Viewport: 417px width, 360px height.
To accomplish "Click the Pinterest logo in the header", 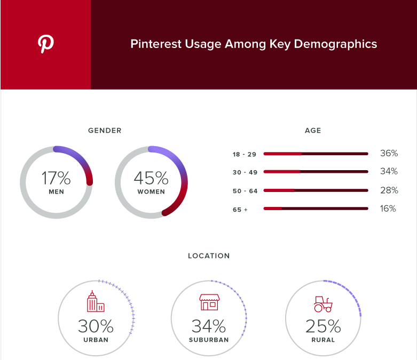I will tap(46, 44).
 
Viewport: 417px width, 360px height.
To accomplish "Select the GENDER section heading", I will tap(105, 130).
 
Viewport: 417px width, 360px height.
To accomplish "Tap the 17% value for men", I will tap(56, 178).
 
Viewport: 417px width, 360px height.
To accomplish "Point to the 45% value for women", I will tap(151, 178).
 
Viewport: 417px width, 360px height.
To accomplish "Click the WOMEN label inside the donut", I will tap(151, 192).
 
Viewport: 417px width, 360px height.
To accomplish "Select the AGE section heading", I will tap(313, 130).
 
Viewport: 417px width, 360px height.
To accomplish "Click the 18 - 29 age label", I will tap(245, 154).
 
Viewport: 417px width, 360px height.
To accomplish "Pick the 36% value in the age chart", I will tap(389, 154).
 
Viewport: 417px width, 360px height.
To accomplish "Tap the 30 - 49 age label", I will tap(245, 172).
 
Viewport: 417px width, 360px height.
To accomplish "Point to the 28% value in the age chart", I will tap(389, 190).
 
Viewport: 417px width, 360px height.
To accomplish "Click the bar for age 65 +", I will tap(316, 209).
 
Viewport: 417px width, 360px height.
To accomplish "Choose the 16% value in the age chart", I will tap(388, 209).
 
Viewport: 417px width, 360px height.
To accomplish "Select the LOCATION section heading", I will tap(209, 256).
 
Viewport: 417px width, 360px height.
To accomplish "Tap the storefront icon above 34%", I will tap(209, 302).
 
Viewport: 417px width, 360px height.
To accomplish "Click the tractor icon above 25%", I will tap(323, 304).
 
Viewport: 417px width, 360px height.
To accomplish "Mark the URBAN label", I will tap(96, 340).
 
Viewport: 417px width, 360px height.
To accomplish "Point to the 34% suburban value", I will tap(209, 326).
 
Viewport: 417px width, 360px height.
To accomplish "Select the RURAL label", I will tap(323, 340).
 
